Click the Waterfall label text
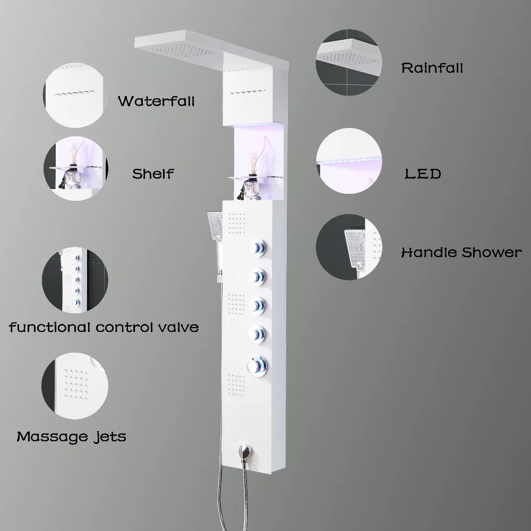[156, 101]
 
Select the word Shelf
[153, 174]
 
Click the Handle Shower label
[461, 252]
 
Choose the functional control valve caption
[104, 327]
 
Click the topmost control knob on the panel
[256, 248]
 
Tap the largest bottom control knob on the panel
[258, 365]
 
